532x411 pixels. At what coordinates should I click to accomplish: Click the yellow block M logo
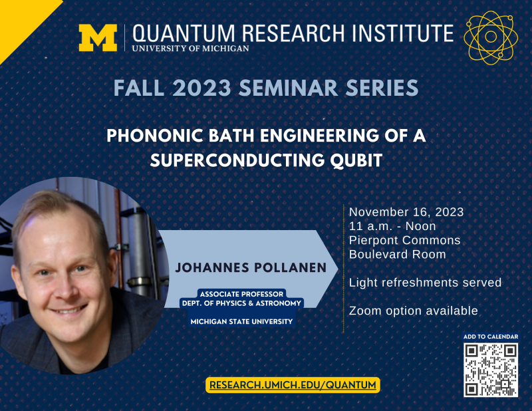[98, 38]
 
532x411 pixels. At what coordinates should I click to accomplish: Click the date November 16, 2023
[406, 212]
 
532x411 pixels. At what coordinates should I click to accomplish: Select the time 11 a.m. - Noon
[392, 226]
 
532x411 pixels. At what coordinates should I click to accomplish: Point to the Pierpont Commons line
[405, 240]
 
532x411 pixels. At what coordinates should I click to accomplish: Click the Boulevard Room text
[398, 254]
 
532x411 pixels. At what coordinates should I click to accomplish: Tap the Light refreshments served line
[425, 283]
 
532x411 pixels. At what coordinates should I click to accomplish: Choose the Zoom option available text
[413, 311]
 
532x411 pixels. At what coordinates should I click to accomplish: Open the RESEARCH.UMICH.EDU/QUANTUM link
[293, 384]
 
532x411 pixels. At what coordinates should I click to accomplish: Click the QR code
[491, 370]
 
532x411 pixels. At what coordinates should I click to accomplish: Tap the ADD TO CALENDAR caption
[491, 337]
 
